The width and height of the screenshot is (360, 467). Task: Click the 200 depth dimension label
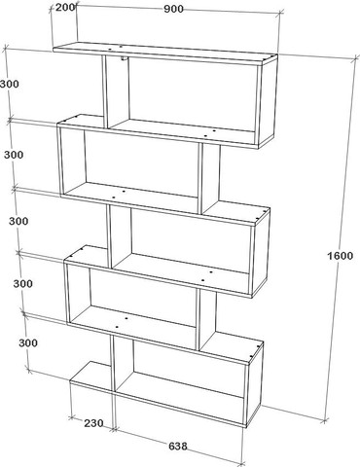65,7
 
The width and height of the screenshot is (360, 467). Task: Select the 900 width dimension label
173,9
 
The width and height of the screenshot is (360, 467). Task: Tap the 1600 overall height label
340,256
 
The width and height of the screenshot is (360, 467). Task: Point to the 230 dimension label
93,423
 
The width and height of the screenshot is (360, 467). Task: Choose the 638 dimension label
178,446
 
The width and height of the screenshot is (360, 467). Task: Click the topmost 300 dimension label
10,84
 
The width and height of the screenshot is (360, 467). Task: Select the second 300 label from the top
14,155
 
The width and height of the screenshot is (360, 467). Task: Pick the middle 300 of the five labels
18,221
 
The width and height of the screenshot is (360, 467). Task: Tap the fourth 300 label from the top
23,283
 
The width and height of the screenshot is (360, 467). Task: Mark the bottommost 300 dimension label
28,342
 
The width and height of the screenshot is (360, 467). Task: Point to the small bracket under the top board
124,58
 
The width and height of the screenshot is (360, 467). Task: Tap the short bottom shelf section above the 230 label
91,377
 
